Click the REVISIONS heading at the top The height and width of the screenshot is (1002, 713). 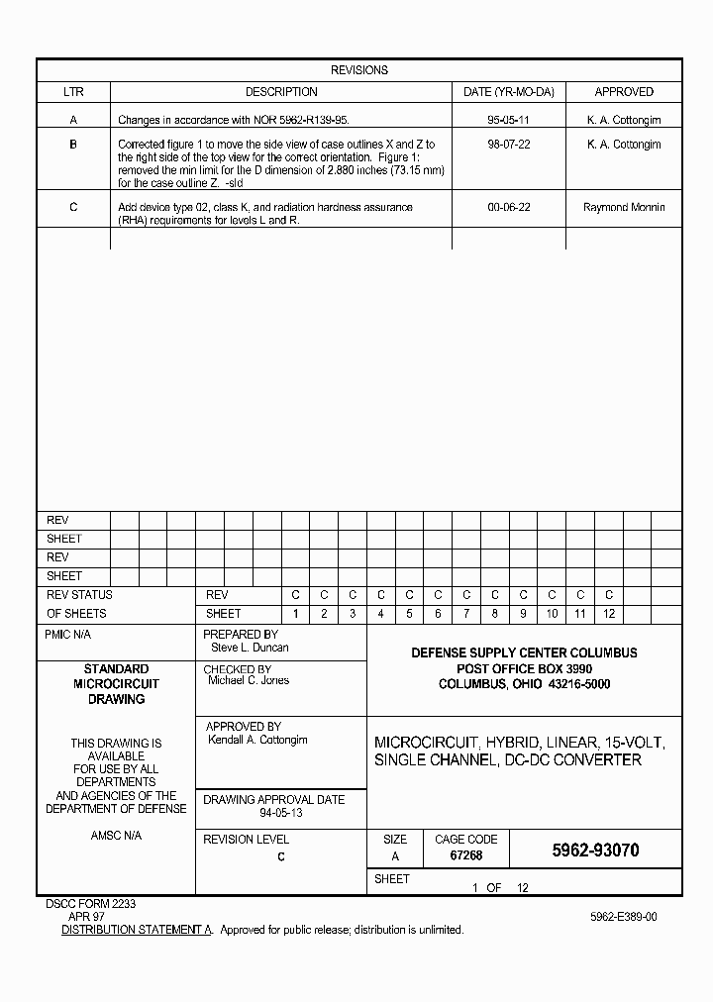[358, 70]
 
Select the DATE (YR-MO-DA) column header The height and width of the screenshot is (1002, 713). [508, 92]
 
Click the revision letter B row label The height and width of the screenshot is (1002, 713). [73, 145]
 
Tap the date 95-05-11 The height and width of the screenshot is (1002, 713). [508, 120]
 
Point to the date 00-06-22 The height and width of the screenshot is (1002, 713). [508, 208]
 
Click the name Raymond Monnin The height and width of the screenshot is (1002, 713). [624, 208]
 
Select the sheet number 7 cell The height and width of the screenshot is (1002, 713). [466, 614]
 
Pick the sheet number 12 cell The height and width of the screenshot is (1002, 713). [609, 614]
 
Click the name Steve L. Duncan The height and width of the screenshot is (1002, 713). [250, 648]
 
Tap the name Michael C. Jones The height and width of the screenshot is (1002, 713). [249, 681]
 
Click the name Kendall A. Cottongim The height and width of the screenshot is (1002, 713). [257, 740]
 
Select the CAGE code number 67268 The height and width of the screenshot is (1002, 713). [465, 855]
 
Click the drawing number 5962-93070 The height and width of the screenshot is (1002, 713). [594, 851]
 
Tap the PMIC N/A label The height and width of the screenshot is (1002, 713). [68, 635]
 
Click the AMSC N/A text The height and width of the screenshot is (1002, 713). [116, 836]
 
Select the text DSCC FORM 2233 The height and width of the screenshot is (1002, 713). [91, 904]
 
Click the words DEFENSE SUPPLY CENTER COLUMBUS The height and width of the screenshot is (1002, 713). [524, 652]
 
